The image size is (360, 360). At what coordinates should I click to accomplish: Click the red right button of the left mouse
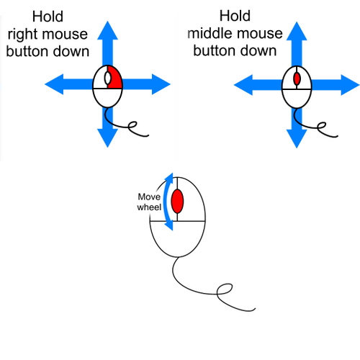click(x=115, y=78)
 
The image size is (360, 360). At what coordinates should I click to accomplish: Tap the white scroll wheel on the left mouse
click(x=107, y=78)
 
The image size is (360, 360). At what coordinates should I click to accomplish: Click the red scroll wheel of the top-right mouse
click(x=297, y=78)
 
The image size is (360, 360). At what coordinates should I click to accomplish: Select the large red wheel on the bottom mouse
click(x=177, y=202)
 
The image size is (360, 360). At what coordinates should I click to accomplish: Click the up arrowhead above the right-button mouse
click(x=107, y=30)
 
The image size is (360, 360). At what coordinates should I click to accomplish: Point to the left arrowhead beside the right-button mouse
click(x=54, y=84)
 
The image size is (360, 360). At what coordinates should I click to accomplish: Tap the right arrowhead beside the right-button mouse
click(x=161, y=84)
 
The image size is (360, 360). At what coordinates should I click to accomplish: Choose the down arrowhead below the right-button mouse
click(x=107, y=138)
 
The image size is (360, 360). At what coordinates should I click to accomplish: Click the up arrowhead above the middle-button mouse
click(x=297, y=31)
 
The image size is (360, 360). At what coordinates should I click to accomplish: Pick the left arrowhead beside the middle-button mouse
click(x=243, y=85)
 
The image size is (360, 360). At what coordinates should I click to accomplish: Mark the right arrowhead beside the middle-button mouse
click(x=350, y=85)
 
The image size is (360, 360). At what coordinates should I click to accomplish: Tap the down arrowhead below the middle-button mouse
click(x=297, y=139)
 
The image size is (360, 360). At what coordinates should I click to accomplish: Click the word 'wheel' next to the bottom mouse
click(x=149, y=207)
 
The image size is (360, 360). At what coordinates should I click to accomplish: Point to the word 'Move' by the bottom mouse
click(x=149, y=197)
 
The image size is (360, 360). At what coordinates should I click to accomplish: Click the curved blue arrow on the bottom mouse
click(x=165, y=202)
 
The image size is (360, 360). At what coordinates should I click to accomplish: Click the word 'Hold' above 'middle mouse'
click(x=235, y=16)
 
